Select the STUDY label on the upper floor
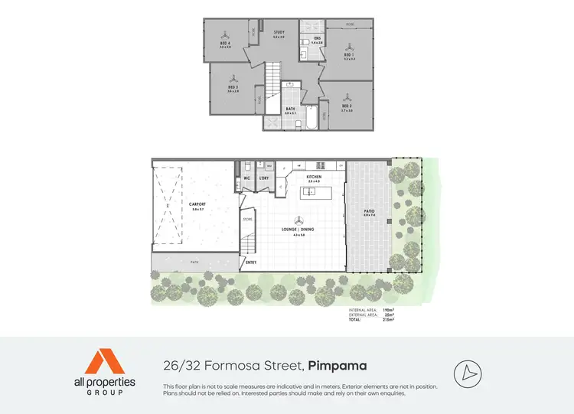click(x=279, y=32)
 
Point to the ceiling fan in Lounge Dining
click(x=297, y=219)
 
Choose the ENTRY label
click(x=251, y=262)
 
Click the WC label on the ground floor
click(x=247, y=178)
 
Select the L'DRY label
click(x=264, y=178)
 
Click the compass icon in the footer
click(x=467, y=372)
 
